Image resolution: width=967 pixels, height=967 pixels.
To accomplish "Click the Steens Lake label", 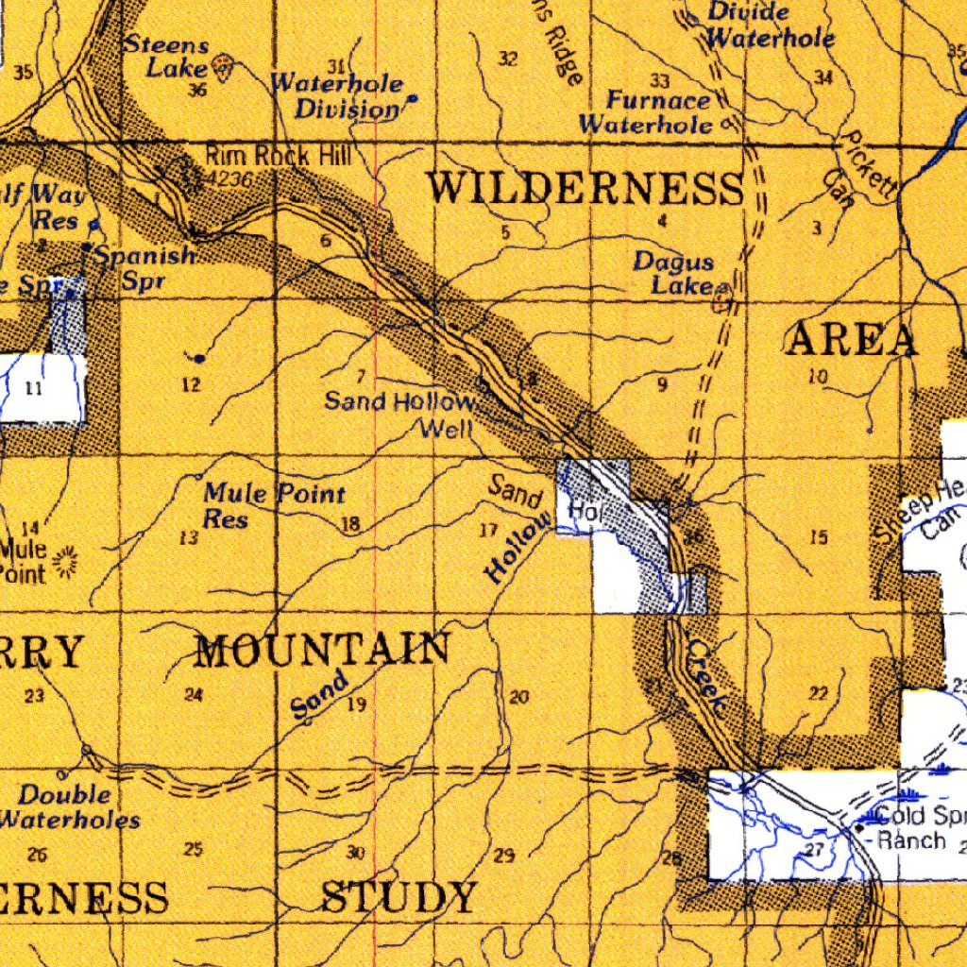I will pos(167,57).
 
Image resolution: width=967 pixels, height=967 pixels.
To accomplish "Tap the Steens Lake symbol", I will pos(223,66).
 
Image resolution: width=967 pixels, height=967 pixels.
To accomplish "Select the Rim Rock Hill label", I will pos(271,156).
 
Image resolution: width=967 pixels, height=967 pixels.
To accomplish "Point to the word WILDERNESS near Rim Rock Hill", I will pos(585,188).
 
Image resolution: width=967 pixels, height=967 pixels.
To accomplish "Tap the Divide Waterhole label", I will pos(769,26).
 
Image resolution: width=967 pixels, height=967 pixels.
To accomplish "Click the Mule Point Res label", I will pos(273,505).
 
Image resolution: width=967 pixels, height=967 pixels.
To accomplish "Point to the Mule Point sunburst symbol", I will pos(66,562).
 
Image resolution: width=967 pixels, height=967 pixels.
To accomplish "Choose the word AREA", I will pos(851,340).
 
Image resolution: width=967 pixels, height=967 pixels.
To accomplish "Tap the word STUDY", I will pos(399,897).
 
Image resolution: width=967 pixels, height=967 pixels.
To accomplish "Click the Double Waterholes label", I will pos(68,807).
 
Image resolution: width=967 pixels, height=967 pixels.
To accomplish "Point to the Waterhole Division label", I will pos(337,96).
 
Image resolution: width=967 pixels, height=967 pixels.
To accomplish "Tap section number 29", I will pos(504,857).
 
